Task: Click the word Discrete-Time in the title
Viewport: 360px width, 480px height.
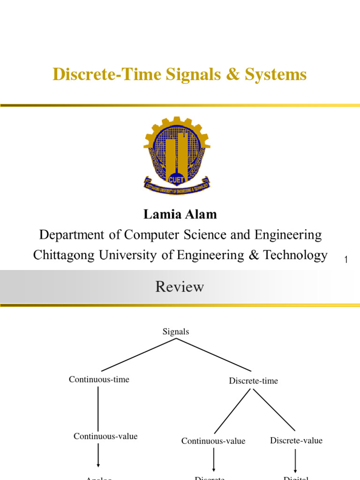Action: tap(107, 74)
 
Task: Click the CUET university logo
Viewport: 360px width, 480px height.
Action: tap(177, 156)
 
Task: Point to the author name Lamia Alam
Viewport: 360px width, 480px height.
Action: tap(180, 215)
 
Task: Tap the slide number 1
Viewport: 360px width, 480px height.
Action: tap(346, 260)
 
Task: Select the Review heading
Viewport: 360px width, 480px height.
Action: tap(180, 286)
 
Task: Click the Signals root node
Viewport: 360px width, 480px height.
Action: tap(176, 331)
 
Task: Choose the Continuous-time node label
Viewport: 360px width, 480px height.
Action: tap(99, 379)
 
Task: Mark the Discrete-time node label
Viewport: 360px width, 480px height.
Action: tap(253, 381)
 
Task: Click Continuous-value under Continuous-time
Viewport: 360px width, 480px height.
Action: tap(105, 436)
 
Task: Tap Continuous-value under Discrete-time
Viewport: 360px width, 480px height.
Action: tap(213, 441)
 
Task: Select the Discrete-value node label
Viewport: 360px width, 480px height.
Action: tap(296, 440)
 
